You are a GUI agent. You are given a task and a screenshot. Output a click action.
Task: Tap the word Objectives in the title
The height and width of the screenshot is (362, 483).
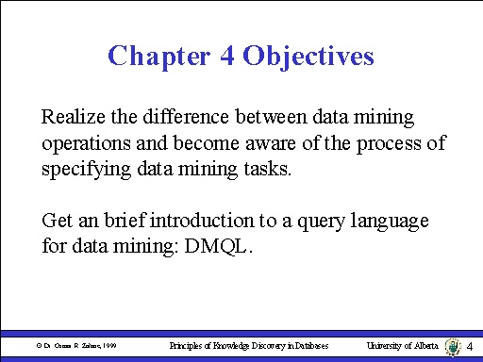pos(308,56)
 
